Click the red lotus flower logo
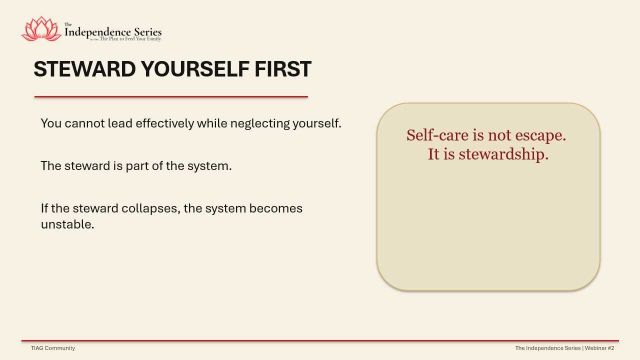41,28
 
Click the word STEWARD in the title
84,69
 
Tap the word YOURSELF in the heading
195,69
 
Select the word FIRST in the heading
283,69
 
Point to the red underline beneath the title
171,97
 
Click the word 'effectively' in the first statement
165,123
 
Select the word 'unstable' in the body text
67,224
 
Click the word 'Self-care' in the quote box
437,135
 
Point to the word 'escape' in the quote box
539,136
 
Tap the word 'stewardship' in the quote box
503,154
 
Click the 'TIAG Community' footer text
53,348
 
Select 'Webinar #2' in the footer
599,348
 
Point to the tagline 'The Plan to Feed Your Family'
130,39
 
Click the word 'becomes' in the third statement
275,208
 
